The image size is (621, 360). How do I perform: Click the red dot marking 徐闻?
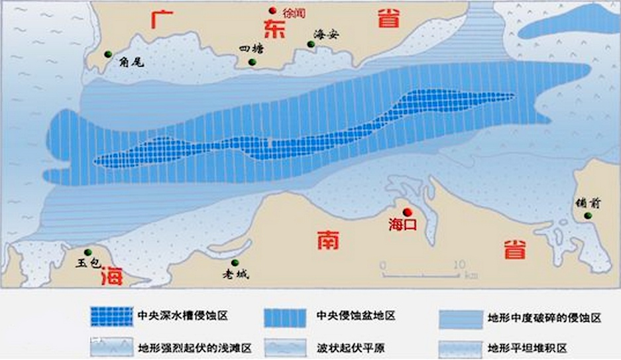[272, 10]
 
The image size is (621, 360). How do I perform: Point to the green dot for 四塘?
[253, 62]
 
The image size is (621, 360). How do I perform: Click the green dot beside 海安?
[310, 44]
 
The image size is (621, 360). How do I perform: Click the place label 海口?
[402, 225]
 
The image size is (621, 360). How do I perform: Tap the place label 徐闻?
[292, 11]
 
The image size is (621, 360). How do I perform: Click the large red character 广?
[161, 19]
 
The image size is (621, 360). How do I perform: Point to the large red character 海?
[111, 276]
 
